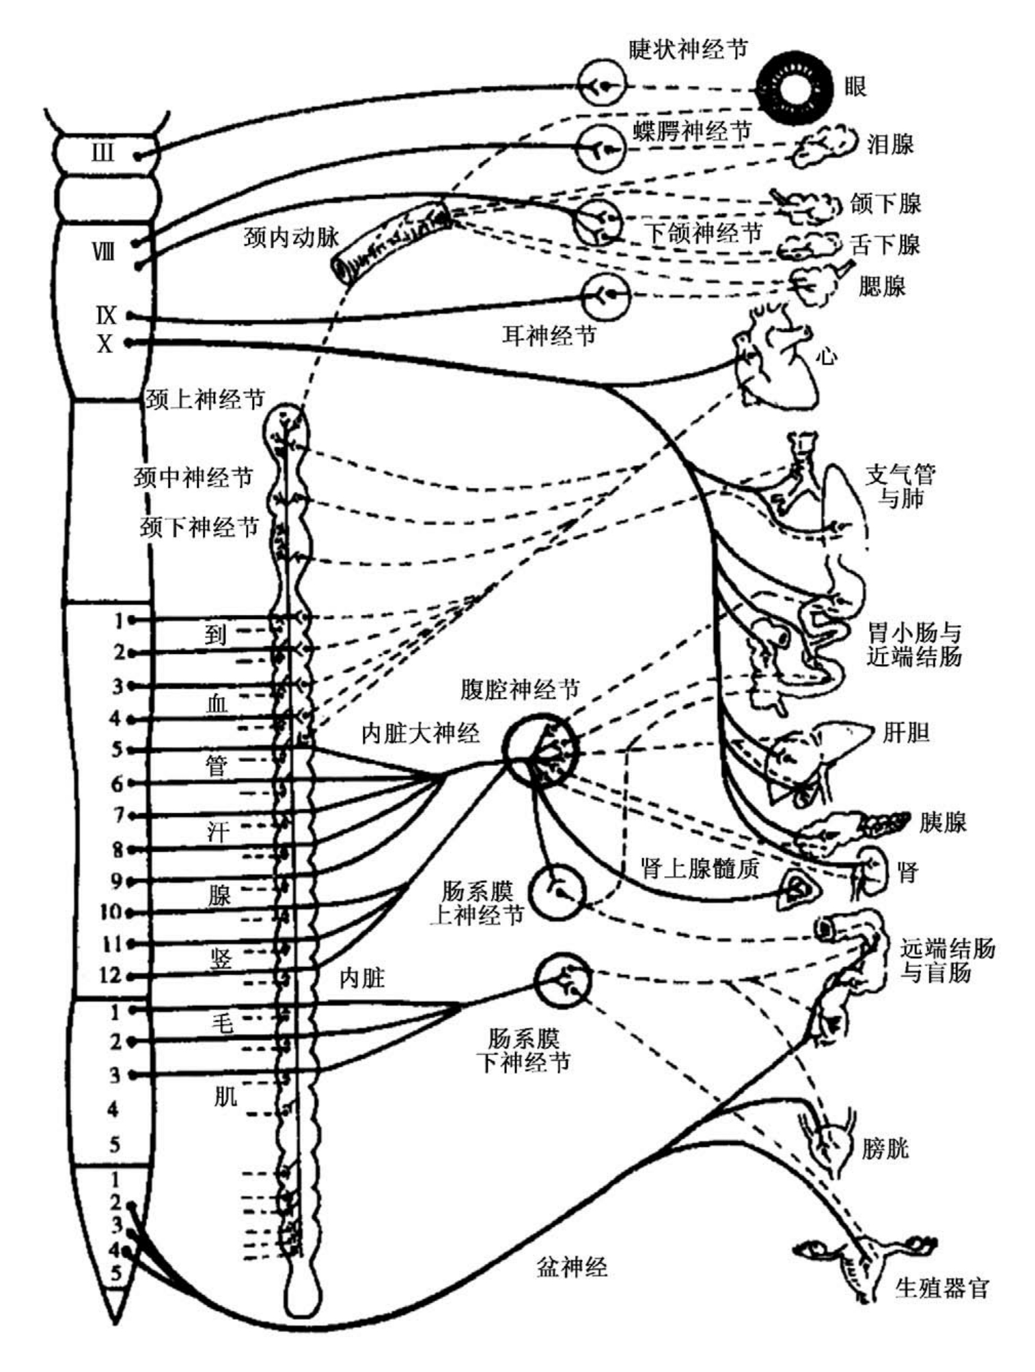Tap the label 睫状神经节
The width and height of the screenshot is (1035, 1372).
click(x=688, y=49)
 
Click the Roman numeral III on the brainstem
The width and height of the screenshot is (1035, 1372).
click(x=103, y=152)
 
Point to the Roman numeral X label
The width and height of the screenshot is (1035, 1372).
click(x=105, y=344)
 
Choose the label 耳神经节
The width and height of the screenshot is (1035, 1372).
click(x=549, y=335)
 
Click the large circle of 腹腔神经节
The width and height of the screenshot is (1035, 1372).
click(x=540, y=750)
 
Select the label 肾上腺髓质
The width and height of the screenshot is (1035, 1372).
click(x=700, y=868)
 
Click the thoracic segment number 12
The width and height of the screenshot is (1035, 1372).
click(x=111, y=975)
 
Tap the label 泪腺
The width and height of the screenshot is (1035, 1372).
click(x=890, y=144)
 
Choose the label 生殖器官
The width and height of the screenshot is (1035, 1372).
click(x=942, y=1288)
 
